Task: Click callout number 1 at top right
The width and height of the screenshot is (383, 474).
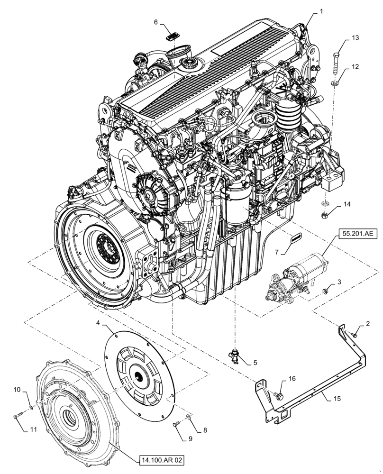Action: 321,10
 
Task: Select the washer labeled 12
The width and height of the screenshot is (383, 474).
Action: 335,83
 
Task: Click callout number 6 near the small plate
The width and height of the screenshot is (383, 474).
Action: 156,21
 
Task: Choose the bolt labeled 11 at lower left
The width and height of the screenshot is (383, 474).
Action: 18,416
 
